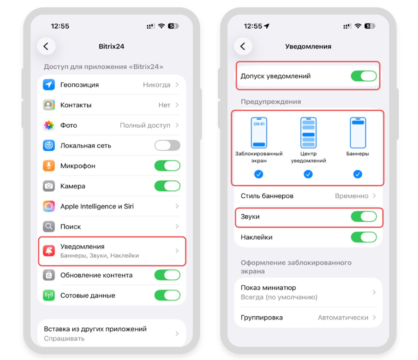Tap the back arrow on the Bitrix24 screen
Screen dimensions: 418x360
point(46,47)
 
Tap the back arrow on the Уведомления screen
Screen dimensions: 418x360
point(243,47)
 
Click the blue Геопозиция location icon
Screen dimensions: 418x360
point(49,85)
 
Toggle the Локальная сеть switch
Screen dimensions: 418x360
point(167,145)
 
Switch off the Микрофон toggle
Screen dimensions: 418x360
point(167,165)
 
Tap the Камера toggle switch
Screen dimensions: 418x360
point(167,186)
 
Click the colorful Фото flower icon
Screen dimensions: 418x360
point(49,125)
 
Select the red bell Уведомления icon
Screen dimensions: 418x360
point(49,251)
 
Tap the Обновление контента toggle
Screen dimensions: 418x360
point(167,275)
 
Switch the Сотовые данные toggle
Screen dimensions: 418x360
point(167,295)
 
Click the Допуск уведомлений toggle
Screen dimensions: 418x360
point(364,76)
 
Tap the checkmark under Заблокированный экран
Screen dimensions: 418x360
point(258,174)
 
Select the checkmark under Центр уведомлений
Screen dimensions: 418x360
point(308,174)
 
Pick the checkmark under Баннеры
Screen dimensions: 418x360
point(358,174)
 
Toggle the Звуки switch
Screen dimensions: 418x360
point(364,217)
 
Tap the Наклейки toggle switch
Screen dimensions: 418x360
point(364,237)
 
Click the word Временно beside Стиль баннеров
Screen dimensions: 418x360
point(352,196)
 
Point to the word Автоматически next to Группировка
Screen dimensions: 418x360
point(343,318)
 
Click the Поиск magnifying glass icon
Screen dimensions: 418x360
point(49,226)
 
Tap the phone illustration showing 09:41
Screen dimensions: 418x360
point(259,133)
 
